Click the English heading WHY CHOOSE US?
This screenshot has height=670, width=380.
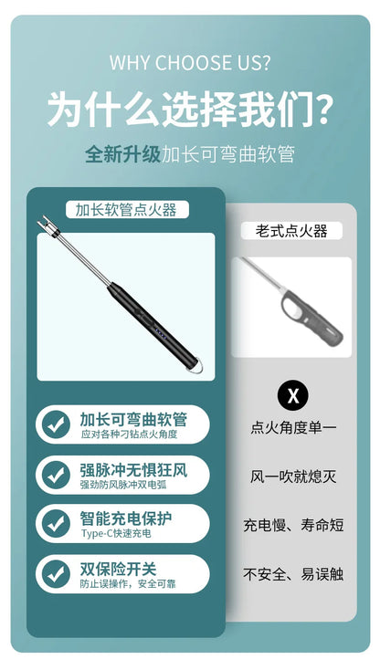[190, 62]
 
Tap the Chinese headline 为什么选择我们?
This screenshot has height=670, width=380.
[190, 110]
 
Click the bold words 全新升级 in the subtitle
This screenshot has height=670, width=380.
[122, 154]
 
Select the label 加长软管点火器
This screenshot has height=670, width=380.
[126, 210]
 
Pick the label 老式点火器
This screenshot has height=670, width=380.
[291, 231]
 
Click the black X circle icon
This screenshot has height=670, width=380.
[293, 395]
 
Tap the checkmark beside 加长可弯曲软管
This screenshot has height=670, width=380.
[56, 424]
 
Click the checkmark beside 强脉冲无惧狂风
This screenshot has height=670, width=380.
[56, 475]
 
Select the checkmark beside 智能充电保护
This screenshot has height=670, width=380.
[56, 523]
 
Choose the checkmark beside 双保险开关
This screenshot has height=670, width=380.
[56, 573]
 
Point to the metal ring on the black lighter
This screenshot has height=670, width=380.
[197, 367]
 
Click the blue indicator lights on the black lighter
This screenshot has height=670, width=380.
[159, 334]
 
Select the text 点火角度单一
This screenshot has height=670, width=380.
[293, 428]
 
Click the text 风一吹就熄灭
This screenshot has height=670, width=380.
[293, 476]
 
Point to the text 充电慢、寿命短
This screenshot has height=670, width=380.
[293, 525]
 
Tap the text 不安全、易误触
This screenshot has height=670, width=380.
[293, 573]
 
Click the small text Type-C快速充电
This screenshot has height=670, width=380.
[116, 534]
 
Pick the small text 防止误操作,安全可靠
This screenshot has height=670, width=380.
[128, 583]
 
